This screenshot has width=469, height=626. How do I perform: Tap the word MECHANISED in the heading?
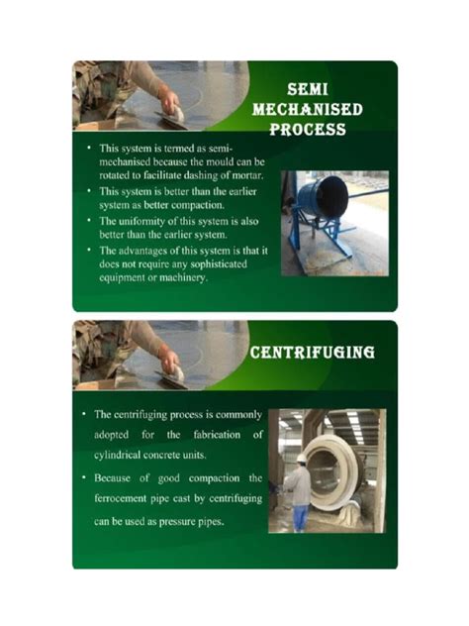307,108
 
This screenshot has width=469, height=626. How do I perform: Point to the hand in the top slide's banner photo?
169,101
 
